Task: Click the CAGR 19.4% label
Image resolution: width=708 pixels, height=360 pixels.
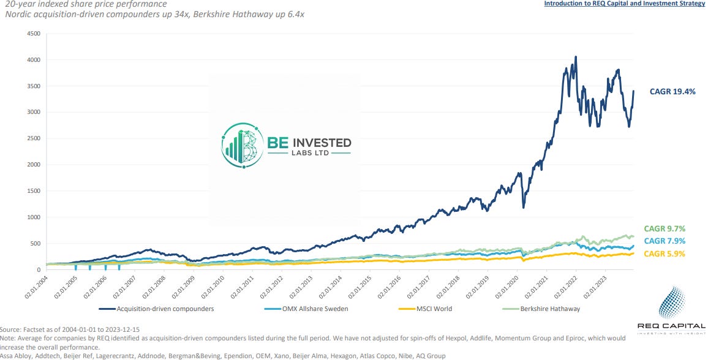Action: point(672,92)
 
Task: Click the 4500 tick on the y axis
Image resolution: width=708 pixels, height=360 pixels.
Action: point(34,34)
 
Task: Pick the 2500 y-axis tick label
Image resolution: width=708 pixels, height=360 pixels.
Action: point(34,139)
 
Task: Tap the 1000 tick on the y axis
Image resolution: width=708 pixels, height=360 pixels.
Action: point(34,217)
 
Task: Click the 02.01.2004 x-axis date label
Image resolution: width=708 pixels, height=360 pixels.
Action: point(36,286)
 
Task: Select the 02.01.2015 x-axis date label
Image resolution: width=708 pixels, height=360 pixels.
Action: point(359,286)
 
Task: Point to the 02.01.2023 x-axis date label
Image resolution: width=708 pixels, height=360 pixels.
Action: point(595,286)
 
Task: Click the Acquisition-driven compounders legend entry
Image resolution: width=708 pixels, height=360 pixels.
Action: point(157,309)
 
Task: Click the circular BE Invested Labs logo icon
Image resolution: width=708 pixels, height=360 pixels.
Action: point(243,145)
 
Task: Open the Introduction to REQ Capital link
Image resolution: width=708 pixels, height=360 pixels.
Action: point(624,4)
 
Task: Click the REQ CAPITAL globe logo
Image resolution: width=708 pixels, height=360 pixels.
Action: point(672,302)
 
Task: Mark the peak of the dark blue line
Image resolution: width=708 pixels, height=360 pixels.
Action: point(576,57)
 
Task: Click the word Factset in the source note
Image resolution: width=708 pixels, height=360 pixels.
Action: point(32,329)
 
